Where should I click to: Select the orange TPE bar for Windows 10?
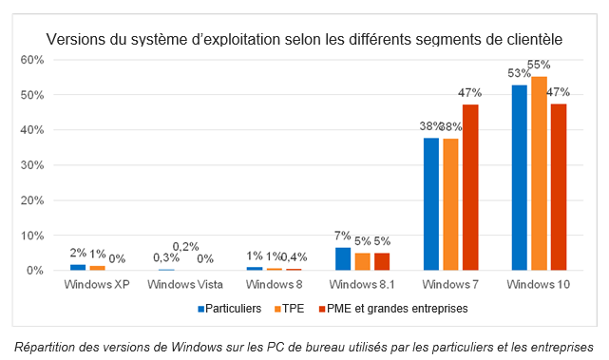539,174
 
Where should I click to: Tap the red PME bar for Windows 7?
470,188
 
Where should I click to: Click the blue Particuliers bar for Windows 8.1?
343,259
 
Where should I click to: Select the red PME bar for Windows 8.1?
381,261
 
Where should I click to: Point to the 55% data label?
540,65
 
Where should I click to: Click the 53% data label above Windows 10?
519,73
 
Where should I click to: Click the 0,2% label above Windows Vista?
185,247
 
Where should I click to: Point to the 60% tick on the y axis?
32,60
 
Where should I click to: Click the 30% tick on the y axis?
32,165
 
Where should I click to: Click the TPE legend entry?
289,308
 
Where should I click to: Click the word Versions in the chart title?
77,39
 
